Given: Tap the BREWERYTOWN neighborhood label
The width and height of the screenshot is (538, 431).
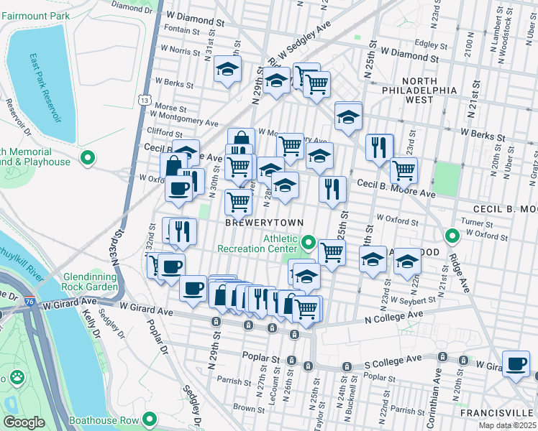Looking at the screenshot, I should click(264, 223).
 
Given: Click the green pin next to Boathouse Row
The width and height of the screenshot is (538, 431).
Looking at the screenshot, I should click(150, 419).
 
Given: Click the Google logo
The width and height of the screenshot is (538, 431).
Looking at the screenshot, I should click(24, 422).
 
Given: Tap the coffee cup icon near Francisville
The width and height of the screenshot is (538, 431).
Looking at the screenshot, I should click(516, 364).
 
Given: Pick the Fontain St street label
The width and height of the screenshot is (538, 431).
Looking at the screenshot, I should click(181, 31).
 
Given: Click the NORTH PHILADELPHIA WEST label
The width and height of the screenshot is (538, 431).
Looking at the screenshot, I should click(430, 91).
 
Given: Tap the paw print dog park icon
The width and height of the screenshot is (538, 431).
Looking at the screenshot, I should click(16, 377).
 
